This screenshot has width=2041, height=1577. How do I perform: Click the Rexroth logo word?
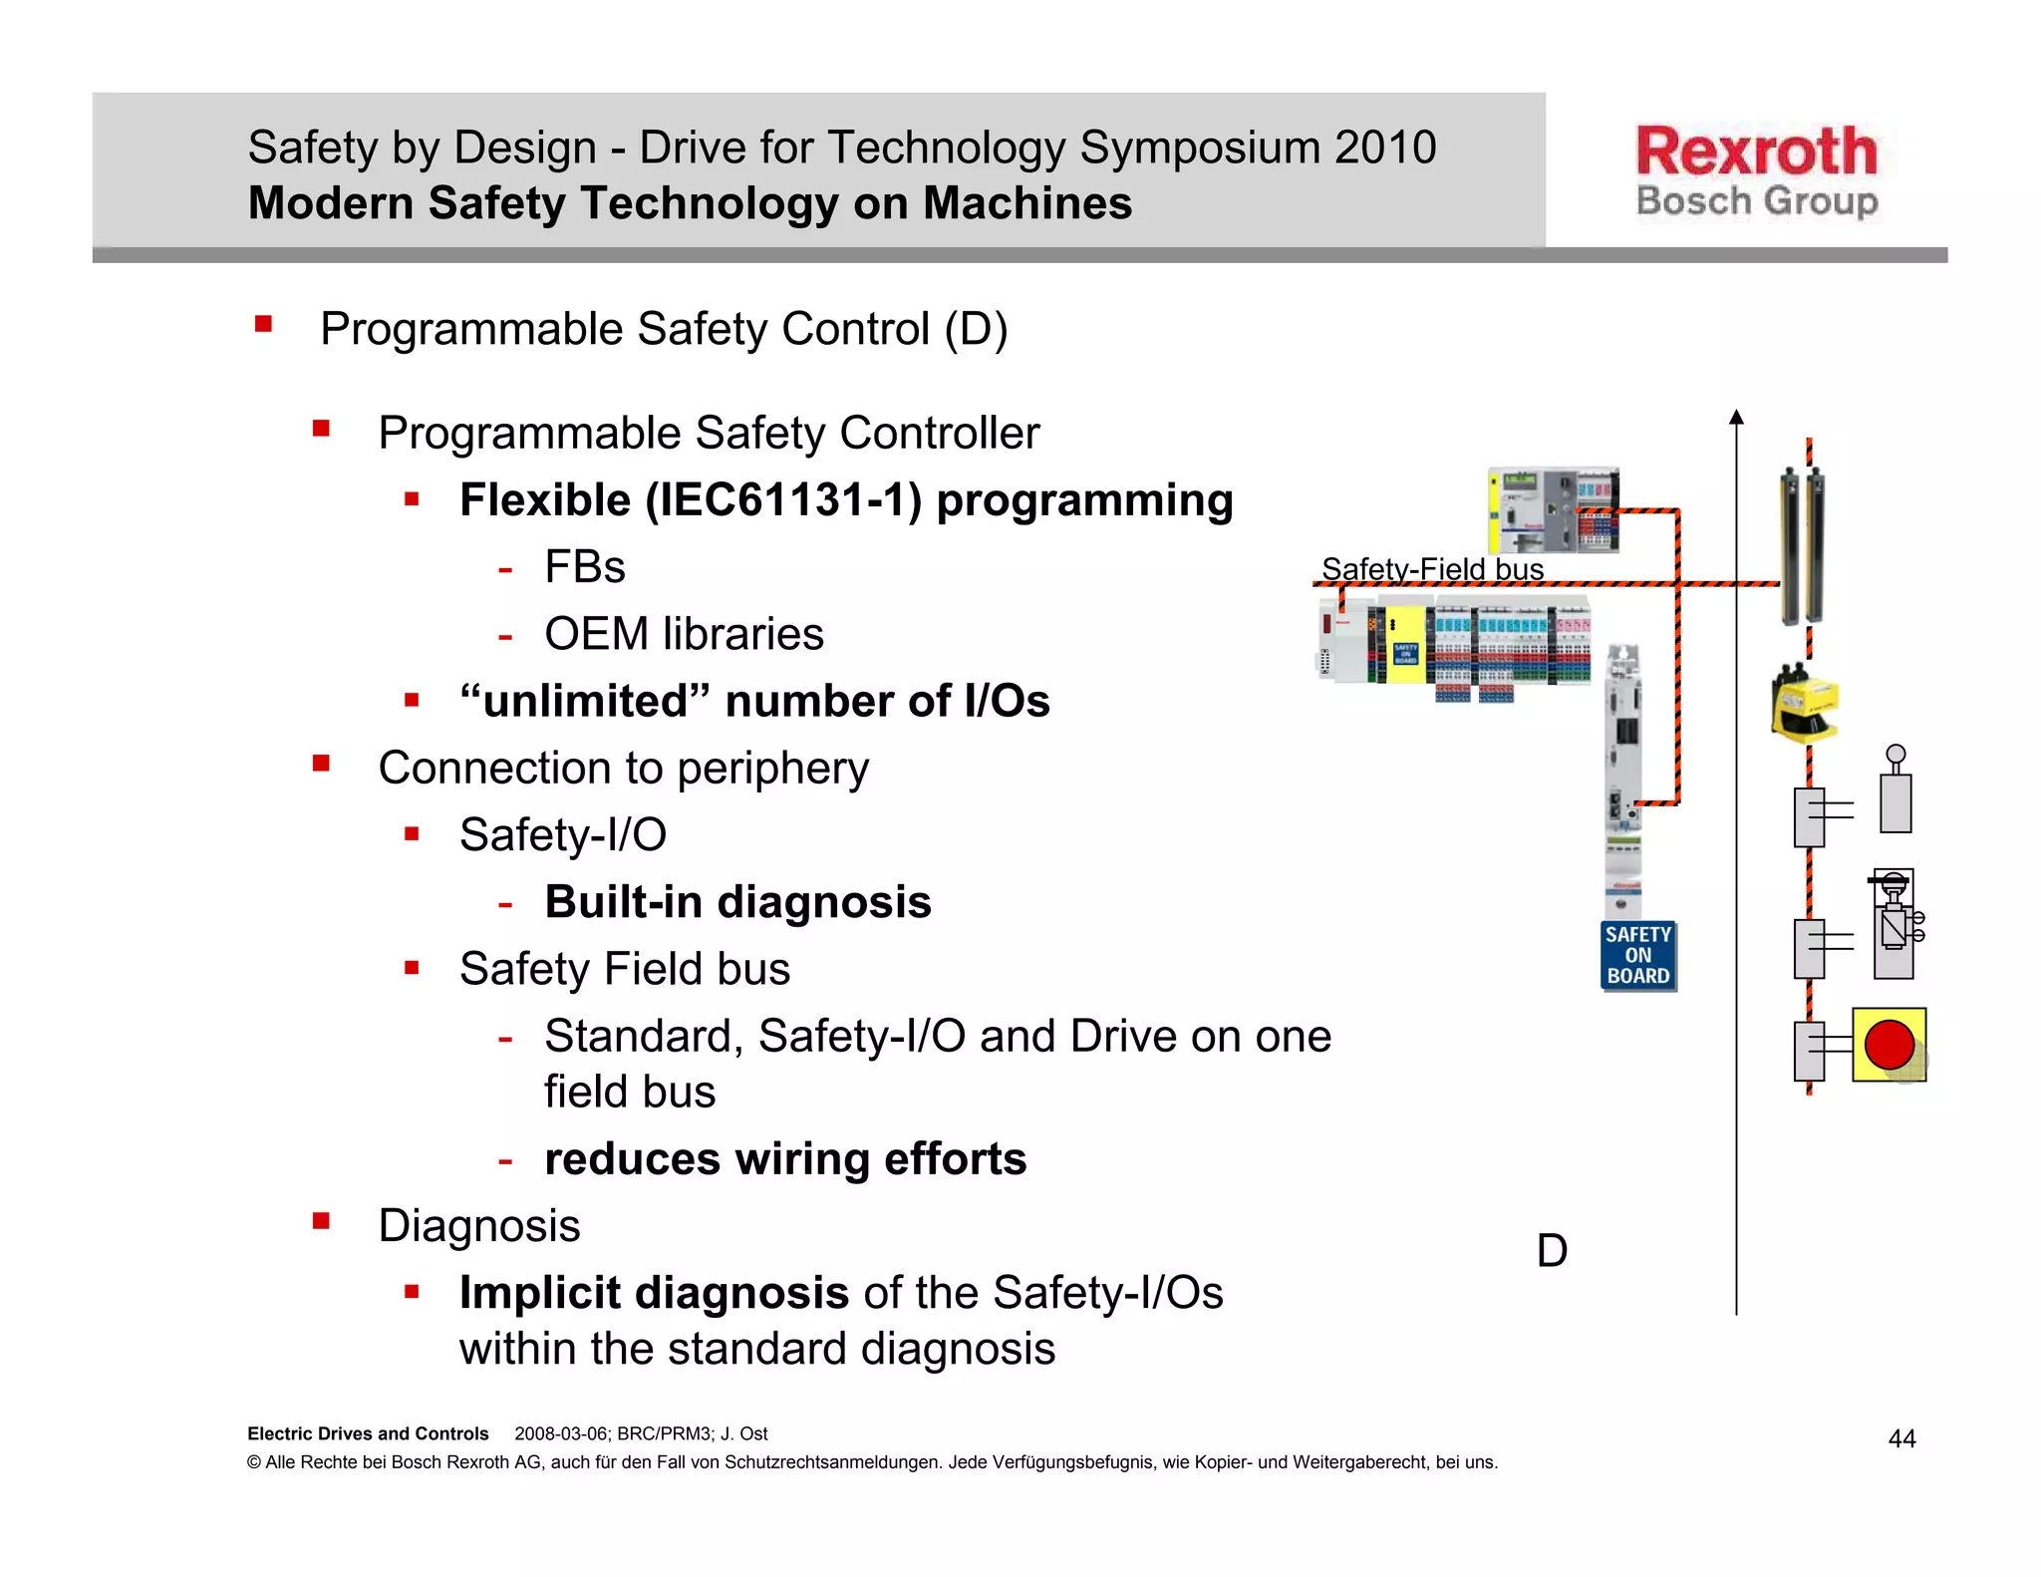(1756, 152)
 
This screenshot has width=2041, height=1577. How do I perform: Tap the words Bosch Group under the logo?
(1756, 201)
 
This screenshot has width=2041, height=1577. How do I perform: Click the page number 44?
(1901, 1438)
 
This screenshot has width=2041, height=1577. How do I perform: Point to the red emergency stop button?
(1889, 1045)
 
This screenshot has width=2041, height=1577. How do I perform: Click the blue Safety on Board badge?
(1637, 956)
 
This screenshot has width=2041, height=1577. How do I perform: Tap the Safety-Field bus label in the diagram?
(1432, 569)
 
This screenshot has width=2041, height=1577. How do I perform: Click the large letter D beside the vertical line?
(1552, 1251)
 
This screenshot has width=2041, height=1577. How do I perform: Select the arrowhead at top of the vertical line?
(1736, 417)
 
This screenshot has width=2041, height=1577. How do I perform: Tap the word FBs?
(584, 567)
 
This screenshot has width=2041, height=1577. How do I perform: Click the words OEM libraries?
(684, 634)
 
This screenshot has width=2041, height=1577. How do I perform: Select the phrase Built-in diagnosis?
(737, 902)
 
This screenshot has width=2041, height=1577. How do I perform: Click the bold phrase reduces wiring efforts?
(784, 1159)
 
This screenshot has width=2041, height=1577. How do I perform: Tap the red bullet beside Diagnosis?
(321, 1221)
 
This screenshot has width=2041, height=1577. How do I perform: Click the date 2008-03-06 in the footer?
(560, 1433)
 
